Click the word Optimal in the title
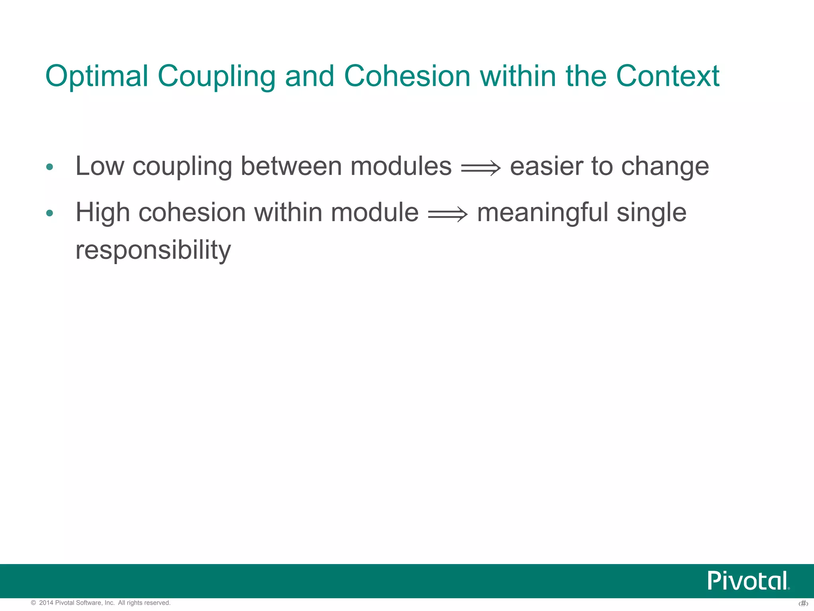tap(97, 76)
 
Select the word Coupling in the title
tap(216, 76)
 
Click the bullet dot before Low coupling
tap(49, 167)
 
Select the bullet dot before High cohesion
tap(49, 214)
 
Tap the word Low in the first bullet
tap(99, 166)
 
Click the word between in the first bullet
tap(291, 166)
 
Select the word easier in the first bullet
tap(546, 166)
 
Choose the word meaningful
tap(542, 213)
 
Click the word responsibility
tap(153, 251)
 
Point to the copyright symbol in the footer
tap(33, 603)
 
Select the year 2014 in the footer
tap(46, 603)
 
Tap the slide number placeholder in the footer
tap(803, 604)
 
